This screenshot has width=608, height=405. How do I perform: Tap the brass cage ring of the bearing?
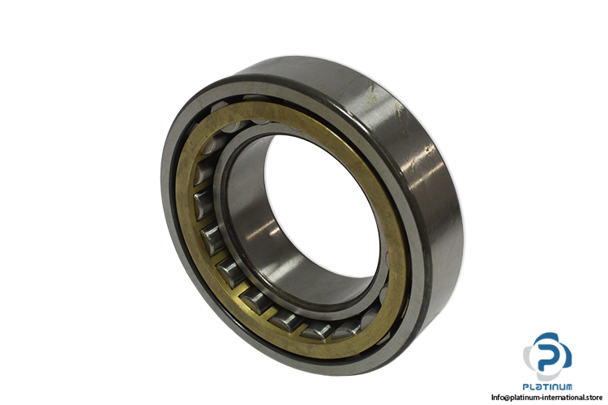[387, 202]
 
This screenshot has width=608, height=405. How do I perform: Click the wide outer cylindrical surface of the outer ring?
[419, 155]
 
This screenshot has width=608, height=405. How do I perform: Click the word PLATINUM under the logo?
[547, 386]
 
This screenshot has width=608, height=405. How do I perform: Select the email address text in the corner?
[546, 397]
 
